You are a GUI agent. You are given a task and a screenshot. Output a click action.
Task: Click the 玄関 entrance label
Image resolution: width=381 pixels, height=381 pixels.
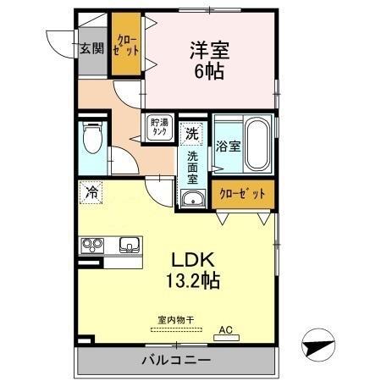pyautogui.click(x=92, y=47)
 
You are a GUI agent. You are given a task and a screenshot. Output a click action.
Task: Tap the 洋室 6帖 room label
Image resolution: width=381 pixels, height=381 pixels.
pyautogui.click(x=207, y=60)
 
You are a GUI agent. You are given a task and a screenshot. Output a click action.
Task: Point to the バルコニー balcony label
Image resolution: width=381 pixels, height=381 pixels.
pyautogui.click(x=174, y=361)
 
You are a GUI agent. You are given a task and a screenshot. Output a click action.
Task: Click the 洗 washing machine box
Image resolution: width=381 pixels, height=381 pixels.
pyautogui.click(x=192, y=133)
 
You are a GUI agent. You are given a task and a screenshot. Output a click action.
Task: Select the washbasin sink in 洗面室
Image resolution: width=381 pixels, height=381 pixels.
pyautogui.click(x=194, y=200)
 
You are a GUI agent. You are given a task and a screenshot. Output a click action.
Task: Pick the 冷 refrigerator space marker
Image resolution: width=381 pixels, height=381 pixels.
pyautogui.click(x=91, y=192)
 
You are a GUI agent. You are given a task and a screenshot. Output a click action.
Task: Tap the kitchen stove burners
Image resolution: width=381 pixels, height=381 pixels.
pyautogui.click(x=92, y=246)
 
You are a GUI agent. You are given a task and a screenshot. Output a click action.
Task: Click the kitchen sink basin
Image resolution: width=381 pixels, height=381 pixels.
pyautogui.click(x=130, y=246)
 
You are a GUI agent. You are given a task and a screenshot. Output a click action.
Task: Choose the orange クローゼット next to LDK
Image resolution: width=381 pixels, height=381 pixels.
pyautogui.click(x=243, y=193)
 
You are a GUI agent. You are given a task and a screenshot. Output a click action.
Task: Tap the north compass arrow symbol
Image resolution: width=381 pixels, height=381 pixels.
pyautogui.click(x=316, y=345)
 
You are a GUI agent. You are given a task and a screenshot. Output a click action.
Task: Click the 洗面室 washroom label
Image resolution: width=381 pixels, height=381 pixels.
pyautogui.click(x=193, y=167)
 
